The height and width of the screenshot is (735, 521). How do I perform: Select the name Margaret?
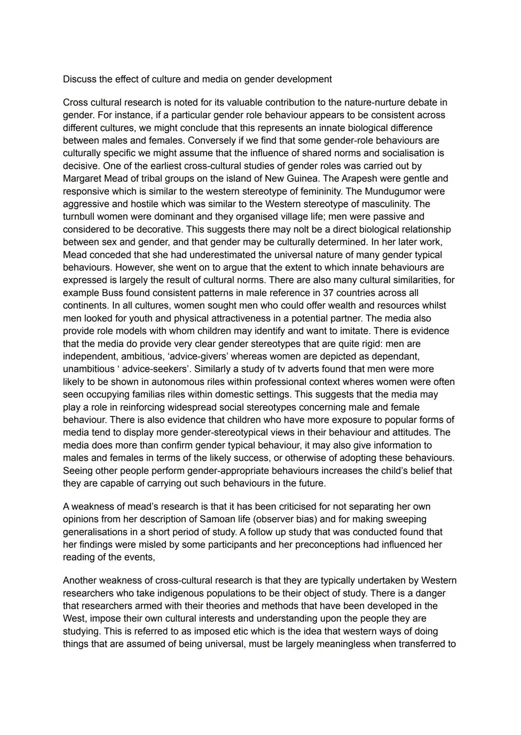coord(82,178)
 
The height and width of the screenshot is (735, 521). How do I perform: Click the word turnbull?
coord(80,216)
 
